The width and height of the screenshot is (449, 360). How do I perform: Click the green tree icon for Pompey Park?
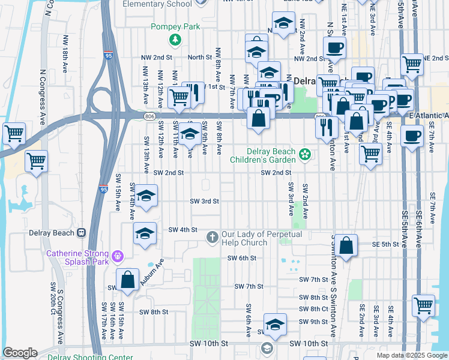click(x=175, y=40)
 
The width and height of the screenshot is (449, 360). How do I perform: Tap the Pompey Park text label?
click(x=175, y=26)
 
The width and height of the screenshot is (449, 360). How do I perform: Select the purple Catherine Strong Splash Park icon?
click(x=118, y=256)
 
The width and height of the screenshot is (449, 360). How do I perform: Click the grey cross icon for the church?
click(x=212, y=238)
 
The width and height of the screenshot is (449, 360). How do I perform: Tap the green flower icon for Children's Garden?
click(x=305, y=155)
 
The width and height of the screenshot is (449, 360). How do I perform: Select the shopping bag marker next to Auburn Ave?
click(x=127, y=280)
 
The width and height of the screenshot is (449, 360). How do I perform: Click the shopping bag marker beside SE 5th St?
click(x=346, y=246)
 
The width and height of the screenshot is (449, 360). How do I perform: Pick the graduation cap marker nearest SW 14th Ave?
click(x=145, y=196)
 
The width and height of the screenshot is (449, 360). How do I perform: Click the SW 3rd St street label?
click(x=204, y=202)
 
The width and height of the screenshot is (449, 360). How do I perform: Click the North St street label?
click(x=200, y=58)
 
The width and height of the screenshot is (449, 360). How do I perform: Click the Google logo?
click(x=20, y=353)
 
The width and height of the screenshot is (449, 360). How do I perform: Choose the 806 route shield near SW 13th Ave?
click(x=148, y=115)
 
